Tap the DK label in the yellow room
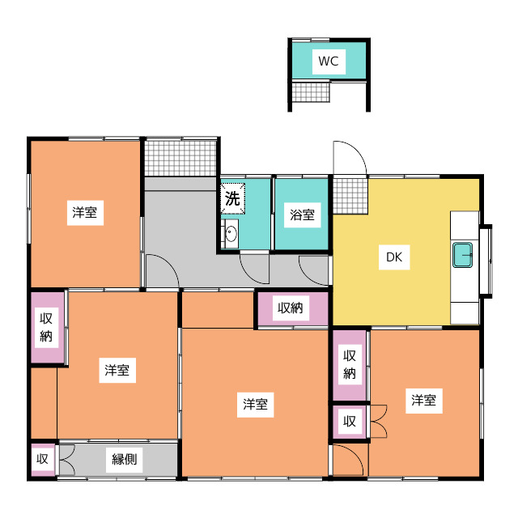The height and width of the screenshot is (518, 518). pos(393,258)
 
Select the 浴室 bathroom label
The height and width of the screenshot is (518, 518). pos(304,215)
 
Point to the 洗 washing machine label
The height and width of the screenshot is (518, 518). pos(232,197)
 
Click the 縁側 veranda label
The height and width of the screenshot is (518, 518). pos(124,460)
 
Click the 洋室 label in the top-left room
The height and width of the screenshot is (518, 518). pos(84,214)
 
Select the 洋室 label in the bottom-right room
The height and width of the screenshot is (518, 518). pos(423,400)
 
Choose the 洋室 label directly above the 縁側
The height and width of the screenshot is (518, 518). pos(117,371)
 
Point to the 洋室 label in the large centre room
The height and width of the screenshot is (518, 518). pos(256,404)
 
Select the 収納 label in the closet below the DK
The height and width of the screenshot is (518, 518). pos(350,363)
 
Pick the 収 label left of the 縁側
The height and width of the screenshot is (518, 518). pos(42,460)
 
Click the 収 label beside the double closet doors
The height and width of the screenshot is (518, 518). pos(350,421)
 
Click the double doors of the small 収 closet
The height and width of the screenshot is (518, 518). pos(377,421)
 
